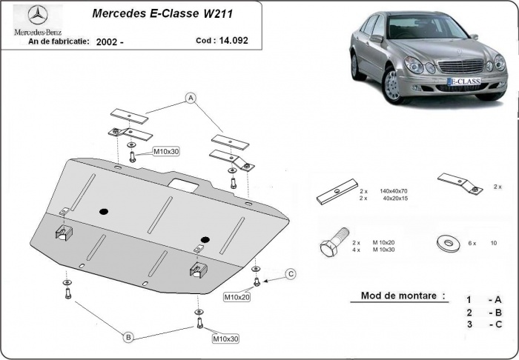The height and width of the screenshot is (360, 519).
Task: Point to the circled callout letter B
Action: pos(128,338)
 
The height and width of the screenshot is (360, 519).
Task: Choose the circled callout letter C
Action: pos(291,275)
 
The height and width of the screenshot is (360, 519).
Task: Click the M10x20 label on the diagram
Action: pos(237,297)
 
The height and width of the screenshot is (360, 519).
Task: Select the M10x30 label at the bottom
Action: pos(226,339)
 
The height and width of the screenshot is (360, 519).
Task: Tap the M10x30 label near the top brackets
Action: pos(166,152)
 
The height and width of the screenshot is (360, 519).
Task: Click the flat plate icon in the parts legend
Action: pos(334,195)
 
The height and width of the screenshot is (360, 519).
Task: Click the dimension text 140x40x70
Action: pos(392,191)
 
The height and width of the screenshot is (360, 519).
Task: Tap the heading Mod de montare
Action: pos(403,295)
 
